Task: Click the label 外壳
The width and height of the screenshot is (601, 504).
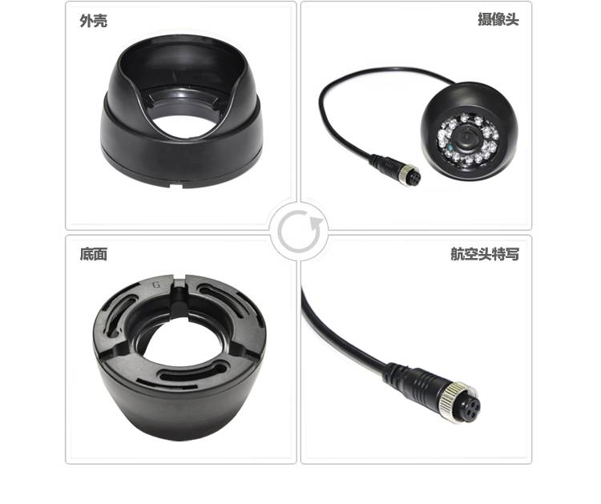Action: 94,21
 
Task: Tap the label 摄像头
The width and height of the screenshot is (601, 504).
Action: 498,19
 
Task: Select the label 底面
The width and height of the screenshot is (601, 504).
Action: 94,254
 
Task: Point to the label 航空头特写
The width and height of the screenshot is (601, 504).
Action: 485,254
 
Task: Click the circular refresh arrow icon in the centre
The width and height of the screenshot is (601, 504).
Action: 299,230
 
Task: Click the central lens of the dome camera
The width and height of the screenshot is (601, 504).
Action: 466,137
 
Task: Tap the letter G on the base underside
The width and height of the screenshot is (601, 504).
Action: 156,284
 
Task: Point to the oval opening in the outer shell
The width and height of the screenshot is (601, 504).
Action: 184,125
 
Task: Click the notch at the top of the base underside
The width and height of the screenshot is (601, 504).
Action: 179,285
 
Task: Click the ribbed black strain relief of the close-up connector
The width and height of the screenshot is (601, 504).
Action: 410,378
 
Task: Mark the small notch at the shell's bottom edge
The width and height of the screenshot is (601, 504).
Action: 176,186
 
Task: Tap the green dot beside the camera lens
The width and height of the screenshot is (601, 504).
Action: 451,147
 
